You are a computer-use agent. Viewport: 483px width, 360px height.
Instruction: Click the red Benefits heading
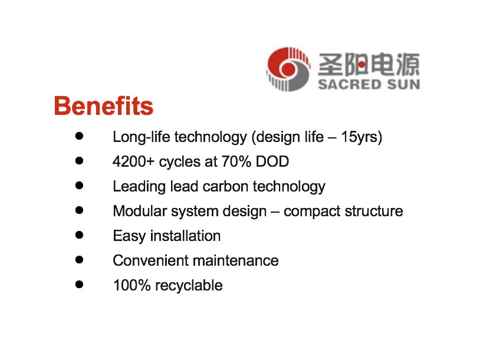point(104,106)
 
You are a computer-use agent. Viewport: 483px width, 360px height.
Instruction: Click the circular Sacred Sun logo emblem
point(288,69)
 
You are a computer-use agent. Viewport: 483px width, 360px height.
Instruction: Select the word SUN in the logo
point(403,84)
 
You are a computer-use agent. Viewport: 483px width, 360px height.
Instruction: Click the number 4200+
point(133,161)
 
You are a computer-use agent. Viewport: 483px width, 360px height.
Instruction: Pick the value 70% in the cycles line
point(236,161)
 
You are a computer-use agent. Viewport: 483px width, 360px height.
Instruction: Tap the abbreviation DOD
point(272,161)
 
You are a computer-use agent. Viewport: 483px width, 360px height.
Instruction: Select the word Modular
point(140,211)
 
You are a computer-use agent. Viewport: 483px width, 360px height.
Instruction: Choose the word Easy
point(129,237)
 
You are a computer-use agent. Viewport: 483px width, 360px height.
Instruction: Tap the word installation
point(185,236)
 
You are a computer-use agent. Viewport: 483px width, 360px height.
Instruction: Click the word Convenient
point(153,260)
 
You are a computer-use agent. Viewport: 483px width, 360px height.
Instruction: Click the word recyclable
point(189,286)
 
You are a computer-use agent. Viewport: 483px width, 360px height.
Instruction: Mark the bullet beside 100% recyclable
point(79,285)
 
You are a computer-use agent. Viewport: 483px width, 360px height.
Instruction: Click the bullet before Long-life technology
point(79,136)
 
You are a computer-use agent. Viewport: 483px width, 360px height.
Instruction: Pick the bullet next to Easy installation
point(79,235)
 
